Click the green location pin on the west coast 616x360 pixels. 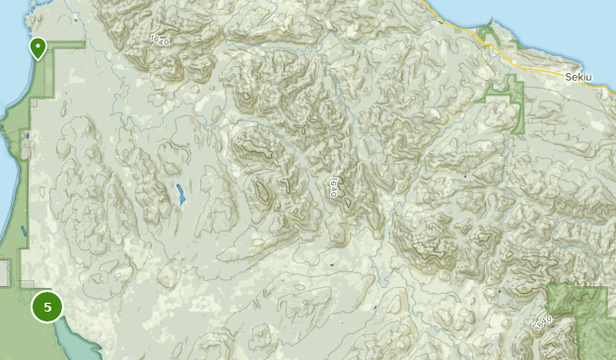pyautogui.click(x=37, y=47)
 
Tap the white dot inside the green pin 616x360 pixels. pyautogui.click(x=37, y=44)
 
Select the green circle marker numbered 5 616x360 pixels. pyautogui.click(x=46, y=307)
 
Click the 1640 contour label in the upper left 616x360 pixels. pyautogui.click(x=159, y=40)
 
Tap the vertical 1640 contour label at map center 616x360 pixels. pyautogui.click(x=334, y=187)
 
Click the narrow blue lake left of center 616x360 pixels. pyautogui.click(x=181, y=195)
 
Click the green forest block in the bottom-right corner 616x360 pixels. pyautogui.click(x=580, y=316)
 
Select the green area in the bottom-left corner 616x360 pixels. pyautogui.click(x=20, y=335)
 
